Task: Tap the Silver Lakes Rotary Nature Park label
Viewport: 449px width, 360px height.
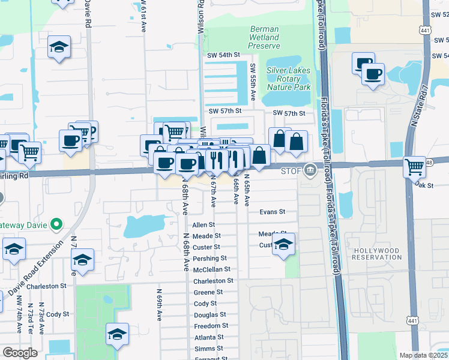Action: click(288, 79)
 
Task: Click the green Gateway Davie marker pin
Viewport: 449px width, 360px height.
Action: click(56, 224)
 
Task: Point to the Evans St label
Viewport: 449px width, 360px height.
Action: click(272, 212)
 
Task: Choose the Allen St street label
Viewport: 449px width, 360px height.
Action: click(203, 224)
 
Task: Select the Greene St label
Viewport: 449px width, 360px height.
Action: click(208, 292)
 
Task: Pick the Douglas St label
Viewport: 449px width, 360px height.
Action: click(209, 314)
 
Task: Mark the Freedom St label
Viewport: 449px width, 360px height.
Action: click(209, 326)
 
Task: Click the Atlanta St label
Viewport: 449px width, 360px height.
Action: click(208, 337)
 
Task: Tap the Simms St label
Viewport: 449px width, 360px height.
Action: click(208, 349)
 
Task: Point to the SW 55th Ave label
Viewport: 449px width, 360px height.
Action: click(253, 82)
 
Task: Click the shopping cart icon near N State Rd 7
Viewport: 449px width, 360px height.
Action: click(414, 166)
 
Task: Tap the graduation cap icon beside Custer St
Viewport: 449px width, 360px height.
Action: click(284, 244)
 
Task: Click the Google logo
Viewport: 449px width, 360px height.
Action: click(20, 353)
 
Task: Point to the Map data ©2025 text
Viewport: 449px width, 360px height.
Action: click(424, 355)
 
